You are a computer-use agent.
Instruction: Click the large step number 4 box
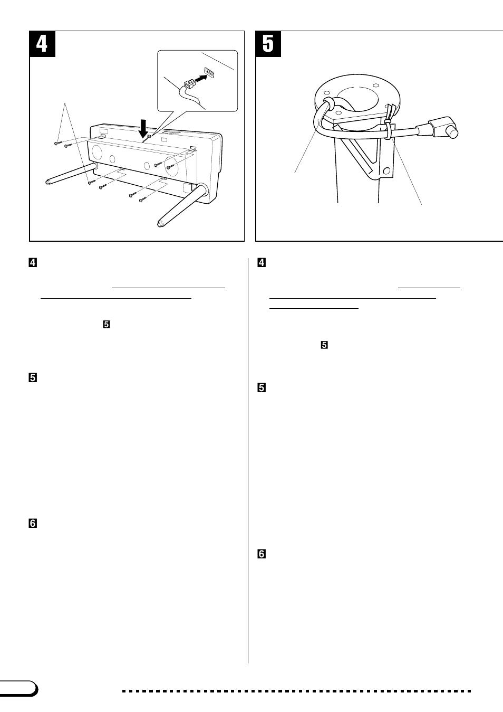tap(42, 44)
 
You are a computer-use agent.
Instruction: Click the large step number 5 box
tap(268, 44)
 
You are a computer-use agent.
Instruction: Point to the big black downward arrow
tap(143, 128)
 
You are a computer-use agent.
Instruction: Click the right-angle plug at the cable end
tap(443, 127)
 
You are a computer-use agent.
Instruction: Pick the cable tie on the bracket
tap(389, 122)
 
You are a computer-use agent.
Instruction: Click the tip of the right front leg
tap(160, 224)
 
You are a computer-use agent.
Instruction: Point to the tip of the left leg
tap(47, 183)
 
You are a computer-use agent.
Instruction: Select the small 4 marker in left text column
tap(33, 263)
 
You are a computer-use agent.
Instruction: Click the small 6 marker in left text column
tap(33, 523)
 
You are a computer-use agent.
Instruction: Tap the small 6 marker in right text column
tap(262, 554)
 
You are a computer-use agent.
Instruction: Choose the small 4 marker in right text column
tap(262, 262)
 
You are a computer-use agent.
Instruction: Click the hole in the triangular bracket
tap(386, 171)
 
